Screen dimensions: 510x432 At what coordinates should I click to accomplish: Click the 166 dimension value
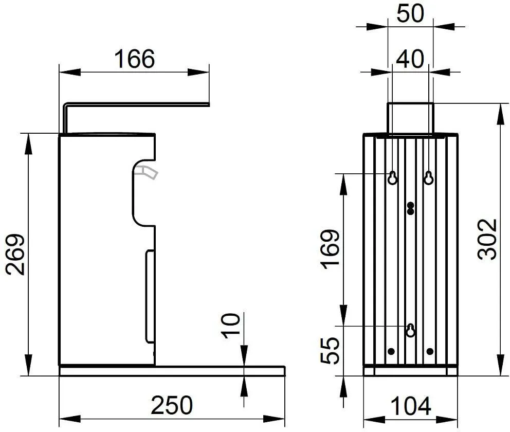(134, 59)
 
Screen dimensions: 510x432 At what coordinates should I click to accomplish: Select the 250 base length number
(172, 405)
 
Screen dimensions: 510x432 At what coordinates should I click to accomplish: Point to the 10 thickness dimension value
(231, 326)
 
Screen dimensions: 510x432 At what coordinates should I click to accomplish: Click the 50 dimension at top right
(410, 13)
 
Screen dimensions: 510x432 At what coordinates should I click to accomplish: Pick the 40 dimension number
(410, 59)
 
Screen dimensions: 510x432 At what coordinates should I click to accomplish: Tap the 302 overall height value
(487, 240)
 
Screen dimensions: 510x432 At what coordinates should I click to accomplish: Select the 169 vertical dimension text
(331, 250)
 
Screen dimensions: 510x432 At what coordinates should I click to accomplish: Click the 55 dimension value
(330, 350)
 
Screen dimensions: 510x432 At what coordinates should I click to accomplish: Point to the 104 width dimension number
(410, 406)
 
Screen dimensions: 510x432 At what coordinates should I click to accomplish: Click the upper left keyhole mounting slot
(393, 177)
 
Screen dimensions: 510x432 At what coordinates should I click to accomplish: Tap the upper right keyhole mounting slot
(429, 177)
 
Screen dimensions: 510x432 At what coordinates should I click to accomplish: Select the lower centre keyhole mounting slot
(411, 330)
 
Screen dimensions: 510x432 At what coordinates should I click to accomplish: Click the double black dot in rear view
(411, 208)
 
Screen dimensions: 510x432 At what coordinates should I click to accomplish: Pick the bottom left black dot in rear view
(391, 351)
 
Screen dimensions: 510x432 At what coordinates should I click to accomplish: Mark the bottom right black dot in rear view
(430, 351)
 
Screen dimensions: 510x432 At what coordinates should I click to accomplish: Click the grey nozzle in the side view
(147, 171)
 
